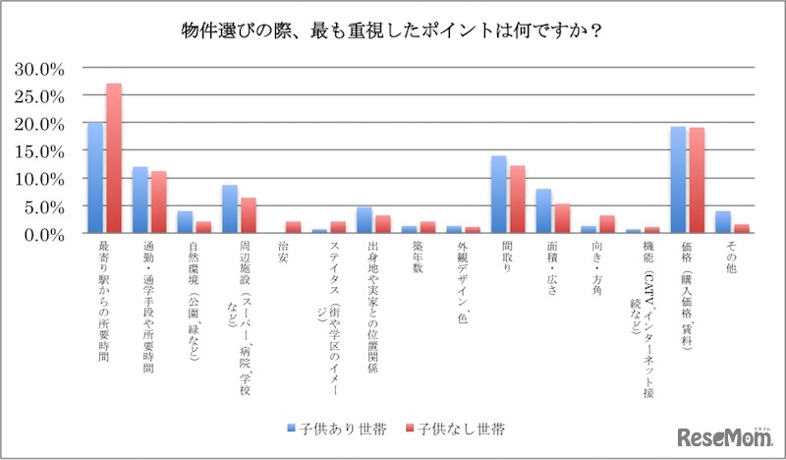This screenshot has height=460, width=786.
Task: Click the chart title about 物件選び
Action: click(x=393, y=30)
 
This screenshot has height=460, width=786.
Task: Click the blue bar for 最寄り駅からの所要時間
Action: click(x=95, y=178)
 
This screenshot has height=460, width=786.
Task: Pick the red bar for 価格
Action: click(x=697, y=181)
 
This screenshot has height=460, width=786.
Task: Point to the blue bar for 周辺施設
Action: click(x=230, y=209)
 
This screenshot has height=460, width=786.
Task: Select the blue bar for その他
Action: click(x=723, y=223)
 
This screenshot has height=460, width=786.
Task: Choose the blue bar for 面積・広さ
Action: click(x=544, y=211)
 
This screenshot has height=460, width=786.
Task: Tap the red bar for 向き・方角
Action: click(x=607, y=225)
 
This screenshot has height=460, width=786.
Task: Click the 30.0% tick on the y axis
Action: click(x=40, y=69)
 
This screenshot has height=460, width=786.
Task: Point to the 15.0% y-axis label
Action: click(x=40, y=151)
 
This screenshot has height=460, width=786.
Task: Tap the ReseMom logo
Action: click(x=722, y=435)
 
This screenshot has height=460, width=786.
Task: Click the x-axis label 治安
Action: click(x=285, y=252)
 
